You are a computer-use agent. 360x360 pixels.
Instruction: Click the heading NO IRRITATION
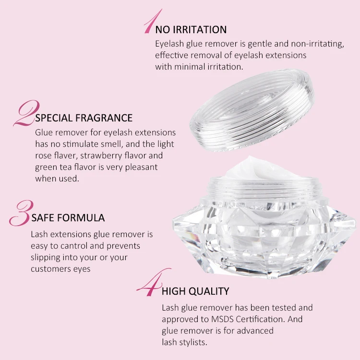pyautogui.click(x=191, y=30)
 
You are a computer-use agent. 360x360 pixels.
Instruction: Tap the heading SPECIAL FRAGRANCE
pyautogui.click(x=84, y=118)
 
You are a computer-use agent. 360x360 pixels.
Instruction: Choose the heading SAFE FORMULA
pyautogui.click(x=68, y=218)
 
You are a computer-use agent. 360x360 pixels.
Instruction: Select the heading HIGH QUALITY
pyautogui.click(x=195, y=291)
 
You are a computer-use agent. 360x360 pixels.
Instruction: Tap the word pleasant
pyautogui.click(x=140, y=167)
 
